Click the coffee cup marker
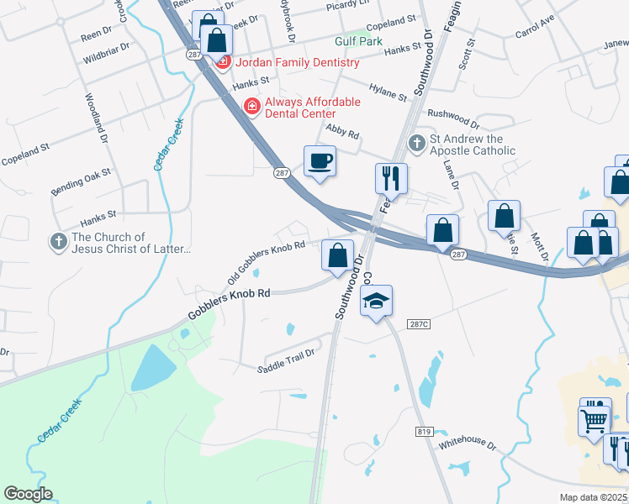[320, 160]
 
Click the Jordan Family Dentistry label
[298, 62]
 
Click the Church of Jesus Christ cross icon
[58, 242]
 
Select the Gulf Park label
[358, 40]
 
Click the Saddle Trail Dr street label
[285, 360]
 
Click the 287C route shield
[419, 323]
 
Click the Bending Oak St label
[81, 181]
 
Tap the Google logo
[29, 495]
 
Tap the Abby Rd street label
[341, 134]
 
